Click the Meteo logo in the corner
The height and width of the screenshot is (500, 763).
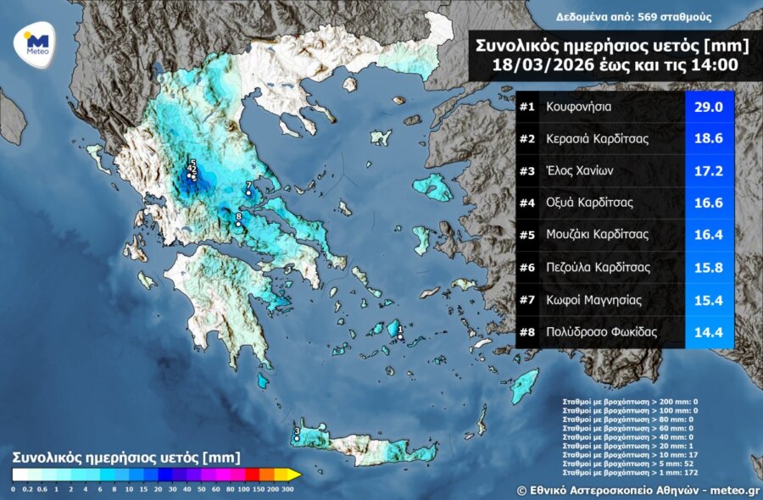tap(36, 42)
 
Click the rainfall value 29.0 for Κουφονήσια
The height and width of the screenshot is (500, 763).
tap(709, 108)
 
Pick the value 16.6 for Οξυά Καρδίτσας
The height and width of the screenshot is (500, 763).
tap(709, 203)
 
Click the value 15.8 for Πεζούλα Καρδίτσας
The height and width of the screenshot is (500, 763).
tap(709, 268)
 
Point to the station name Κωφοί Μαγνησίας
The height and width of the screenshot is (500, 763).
tap(582, 300)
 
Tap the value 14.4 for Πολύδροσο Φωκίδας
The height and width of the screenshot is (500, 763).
tap(709, 332)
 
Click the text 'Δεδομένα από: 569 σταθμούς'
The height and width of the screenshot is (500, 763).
tap(621, 17)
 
